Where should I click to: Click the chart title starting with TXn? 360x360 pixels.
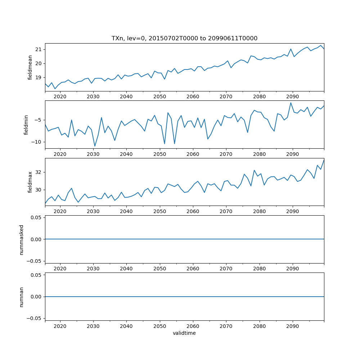pyautogui.click(x=184, y=39)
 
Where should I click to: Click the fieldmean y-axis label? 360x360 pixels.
pyautogui.click(x=30, y=67)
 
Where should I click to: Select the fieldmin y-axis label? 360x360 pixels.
pyautogui.click(x=26, y=125)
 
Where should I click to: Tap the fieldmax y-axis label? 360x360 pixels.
pyautogui.click(x=30, y=182)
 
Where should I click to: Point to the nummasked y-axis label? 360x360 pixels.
pyautogui.click(x=21, y=239)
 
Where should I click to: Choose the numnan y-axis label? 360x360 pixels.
pyautogui.click(x=21, y=297)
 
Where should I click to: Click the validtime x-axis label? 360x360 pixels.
pyautogui.click(x=184, y=333)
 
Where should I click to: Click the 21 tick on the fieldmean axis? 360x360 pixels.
pyautogui.click(x=39, y=49)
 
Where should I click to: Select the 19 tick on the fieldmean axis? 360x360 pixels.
pyautogui.click(x=39, y=77)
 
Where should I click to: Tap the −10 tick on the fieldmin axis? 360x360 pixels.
pyautogui.click(x=37, y=142)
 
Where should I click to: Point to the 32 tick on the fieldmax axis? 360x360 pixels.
pyautogui.click(x=39, y=172)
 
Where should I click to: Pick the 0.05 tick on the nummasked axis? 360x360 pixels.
pyautogui.click(x=36, y=218)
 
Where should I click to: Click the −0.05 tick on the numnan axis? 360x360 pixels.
pyautogui.click(x=35, y=318)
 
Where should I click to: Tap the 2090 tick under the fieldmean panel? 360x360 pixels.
pyautogui.click(x=292, y=96)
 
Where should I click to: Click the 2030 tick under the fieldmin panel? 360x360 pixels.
pyautogui.click(x=93, y=154)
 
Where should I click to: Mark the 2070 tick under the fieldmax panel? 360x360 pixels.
pyautogui.click(x=226, y=211)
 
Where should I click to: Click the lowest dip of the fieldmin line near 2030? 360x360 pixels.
pyautogui.click(x=95, y=146)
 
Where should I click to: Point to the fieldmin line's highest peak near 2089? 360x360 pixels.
pyautogui.click(x=291, y=103)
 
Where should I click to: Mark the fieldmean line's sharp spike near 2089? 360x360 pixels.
pyautogui.click(x=291, y=49)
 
